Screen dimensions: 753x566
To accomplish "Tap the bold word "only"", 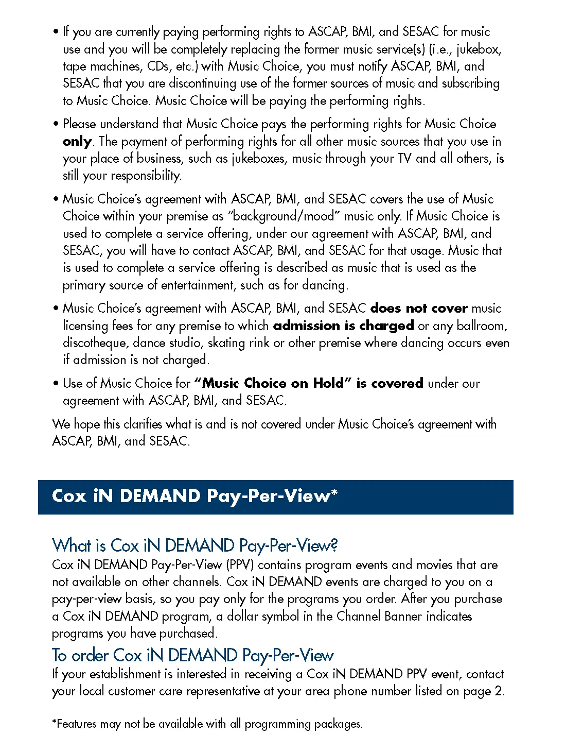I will [x=77, y=142].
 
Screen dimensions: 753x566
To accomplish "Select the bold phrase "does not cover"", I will [x=418, y=309].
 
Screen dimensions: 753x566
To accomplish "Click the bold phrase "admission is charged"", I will [x=343, y=326].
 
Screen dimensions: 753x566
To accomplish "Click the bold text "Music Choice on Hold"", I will [x=273, y=383].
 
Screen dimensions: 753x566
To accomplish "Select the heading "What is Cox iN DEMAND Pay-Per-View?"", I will [x=195, y=545].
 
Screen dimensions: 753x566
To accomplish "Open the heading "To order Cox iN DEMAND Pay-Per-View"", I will [x=193, y=655].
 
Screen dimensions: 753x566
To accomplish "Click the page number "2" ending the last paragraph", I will [x=498, y=691].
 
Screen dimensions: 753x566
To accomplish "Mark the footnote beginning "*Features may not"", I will [x=207, y=724].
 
